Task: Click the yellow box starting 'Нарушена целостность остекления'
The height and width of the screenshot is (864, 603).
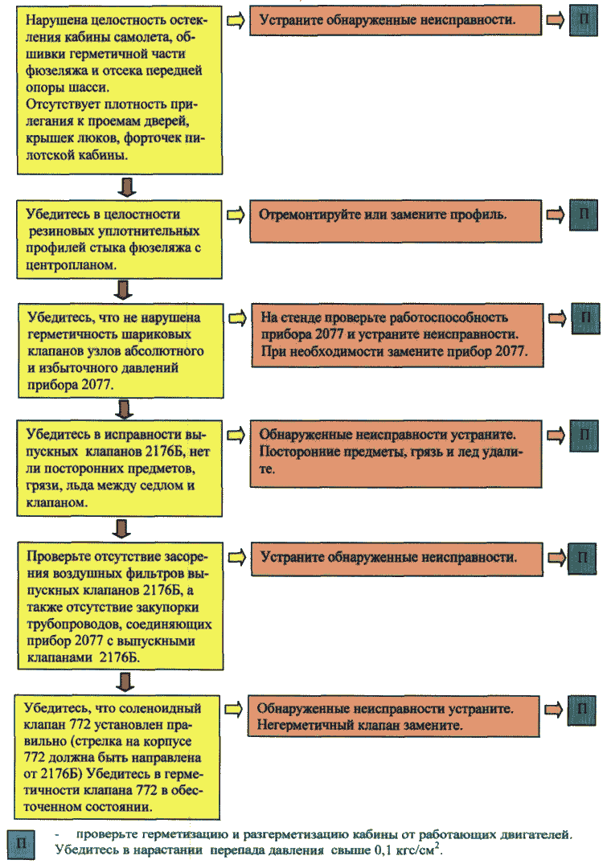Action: pyautogui.click(x=120, y=90)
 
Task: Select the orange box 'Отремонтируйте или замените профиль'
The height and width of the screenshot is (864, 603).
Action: pyautogui.click(x=396, y=221)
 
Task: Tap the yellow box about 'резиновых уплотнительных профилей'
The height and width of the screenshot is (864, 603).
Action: pyautogui.click(x=120, y=240)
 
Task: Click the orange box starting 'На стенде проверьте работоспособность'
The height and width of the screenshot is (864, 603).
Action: pyautogui.click(x=397, y=335)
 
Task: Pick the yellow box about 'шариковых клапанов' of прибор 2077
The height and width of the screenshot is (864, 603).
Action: pyautogui.click(x=121, y=350)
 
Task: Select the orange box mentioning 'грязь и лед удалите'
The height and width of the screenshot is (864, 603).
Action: pyautogui.click(x=396, y=453)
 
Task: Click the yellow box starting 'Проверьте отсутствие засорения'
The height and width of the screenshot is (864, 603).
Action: pyautogui.click(x=121, y=605)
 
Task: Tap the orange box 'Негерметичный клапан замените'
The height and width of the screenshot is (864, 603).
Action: pyautogui.click(x=393, y=716)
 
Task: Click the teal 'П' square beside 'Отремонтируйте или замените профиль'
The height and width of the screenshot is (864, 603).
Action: pyautogui.click(x=584, y=215)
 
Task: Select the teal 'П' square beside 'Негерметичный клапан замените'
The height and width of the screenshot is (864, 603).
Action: pyautogui.click(x=581, y=709)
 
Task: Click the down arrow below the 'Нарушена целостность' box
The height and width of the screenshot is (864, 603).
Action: pyautogui.click(x=127, y=186)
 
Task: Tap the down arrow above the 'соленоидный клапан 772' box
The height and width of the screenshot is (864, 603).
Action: pyautogui.click(x=125, y=682)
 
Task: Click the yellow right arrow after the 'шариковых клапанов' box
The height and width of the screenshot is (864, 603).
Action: pyautogui.click(x=237, y=318)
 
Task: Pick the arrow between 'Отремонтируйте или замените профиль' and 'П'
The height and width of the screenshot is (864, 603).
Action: pyautogui.click(x=556, y=215)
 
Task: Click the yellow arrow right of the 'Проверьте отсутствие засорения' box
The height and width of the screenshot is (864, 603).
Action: pyautogui.click(x=237, y=557)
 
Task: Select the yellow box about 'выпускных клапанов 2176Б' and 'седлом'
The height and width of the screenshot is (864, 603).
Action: pyautogui.click(x=120, y=469)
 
